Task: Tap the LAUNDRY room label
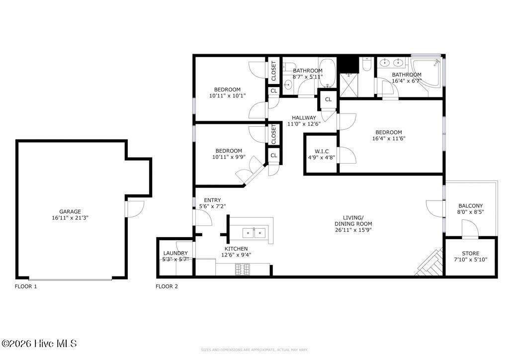tap(175, 253)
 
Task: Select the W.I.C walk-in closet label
tap(321, 151)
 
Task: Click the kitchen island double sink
tap(254, 232)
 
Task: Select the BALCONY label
tap(470, 205)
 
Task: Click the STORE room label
tap(470, 253)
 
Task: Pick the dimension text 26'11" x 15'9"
tap(353, 229)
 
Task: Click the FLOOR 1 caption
tap(26, 286)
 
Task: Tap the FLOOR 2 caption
tap(167, 286)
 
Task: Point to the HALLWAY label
tap(304, 118)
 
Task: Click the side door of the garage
tap(135, 208)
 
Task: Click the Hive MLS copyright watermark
tap(40, 344)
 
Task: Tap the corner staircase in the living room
tap(430, 264)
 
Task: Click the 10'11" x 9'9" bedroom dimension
tap(228, 157)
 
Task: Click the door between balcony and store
tap(470, 230)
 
